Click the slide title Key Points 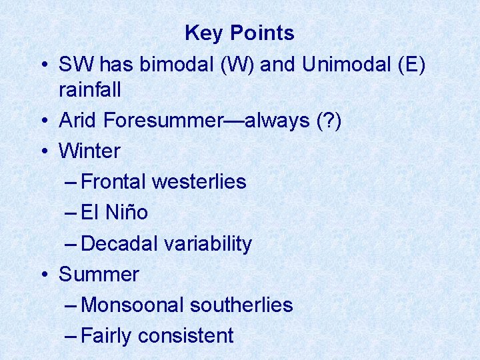coord(239,33)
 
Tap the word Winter coord(90,151)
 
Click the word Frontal coord(114,181)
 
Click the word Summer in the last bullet coord(99,274)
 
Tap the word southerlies coord(241,305)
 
